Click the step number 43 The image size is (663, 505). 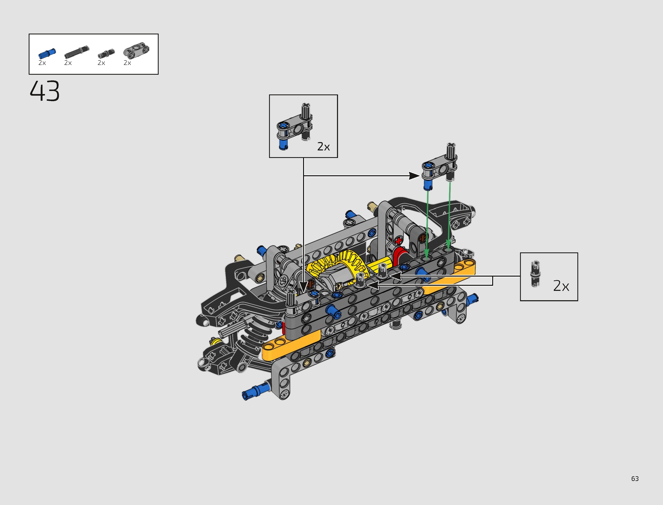tap(45, 91)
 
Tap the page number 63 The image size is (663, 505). tap(635, 479)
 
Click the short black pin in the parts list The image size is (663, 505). tap(106, 54)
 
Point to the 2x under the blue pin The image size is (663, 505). tap(42, 63)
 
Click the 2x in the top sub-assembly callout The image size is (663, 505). tap(323, 147)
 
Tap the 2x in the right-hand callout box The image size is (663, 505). tap(561, 286)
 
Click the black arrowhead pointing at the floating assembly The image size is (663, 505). tap(414, 176)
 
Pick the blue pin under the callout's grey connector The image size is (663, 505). tap(283, 145)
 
